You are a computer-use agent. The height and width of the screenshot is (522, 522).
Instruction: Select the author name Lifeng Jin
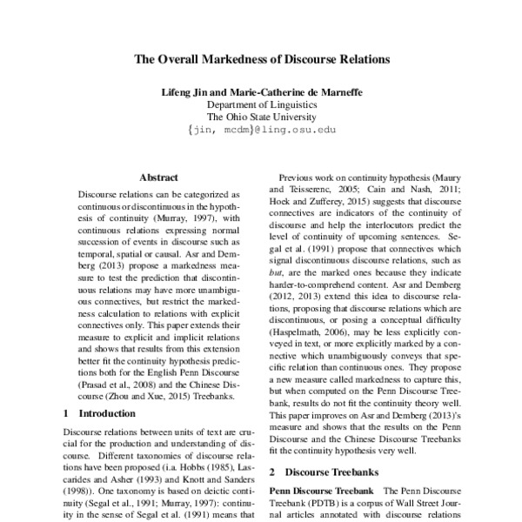(184, 90)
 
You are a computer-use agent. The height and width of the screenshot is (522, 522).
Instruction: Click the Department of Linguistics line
(261, 104)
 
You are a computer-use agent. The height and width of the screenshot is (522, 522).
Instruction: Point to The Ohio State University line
(261, 117)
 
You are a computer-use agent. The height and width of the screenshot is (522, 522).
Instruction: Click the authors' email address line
(261, 130)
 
